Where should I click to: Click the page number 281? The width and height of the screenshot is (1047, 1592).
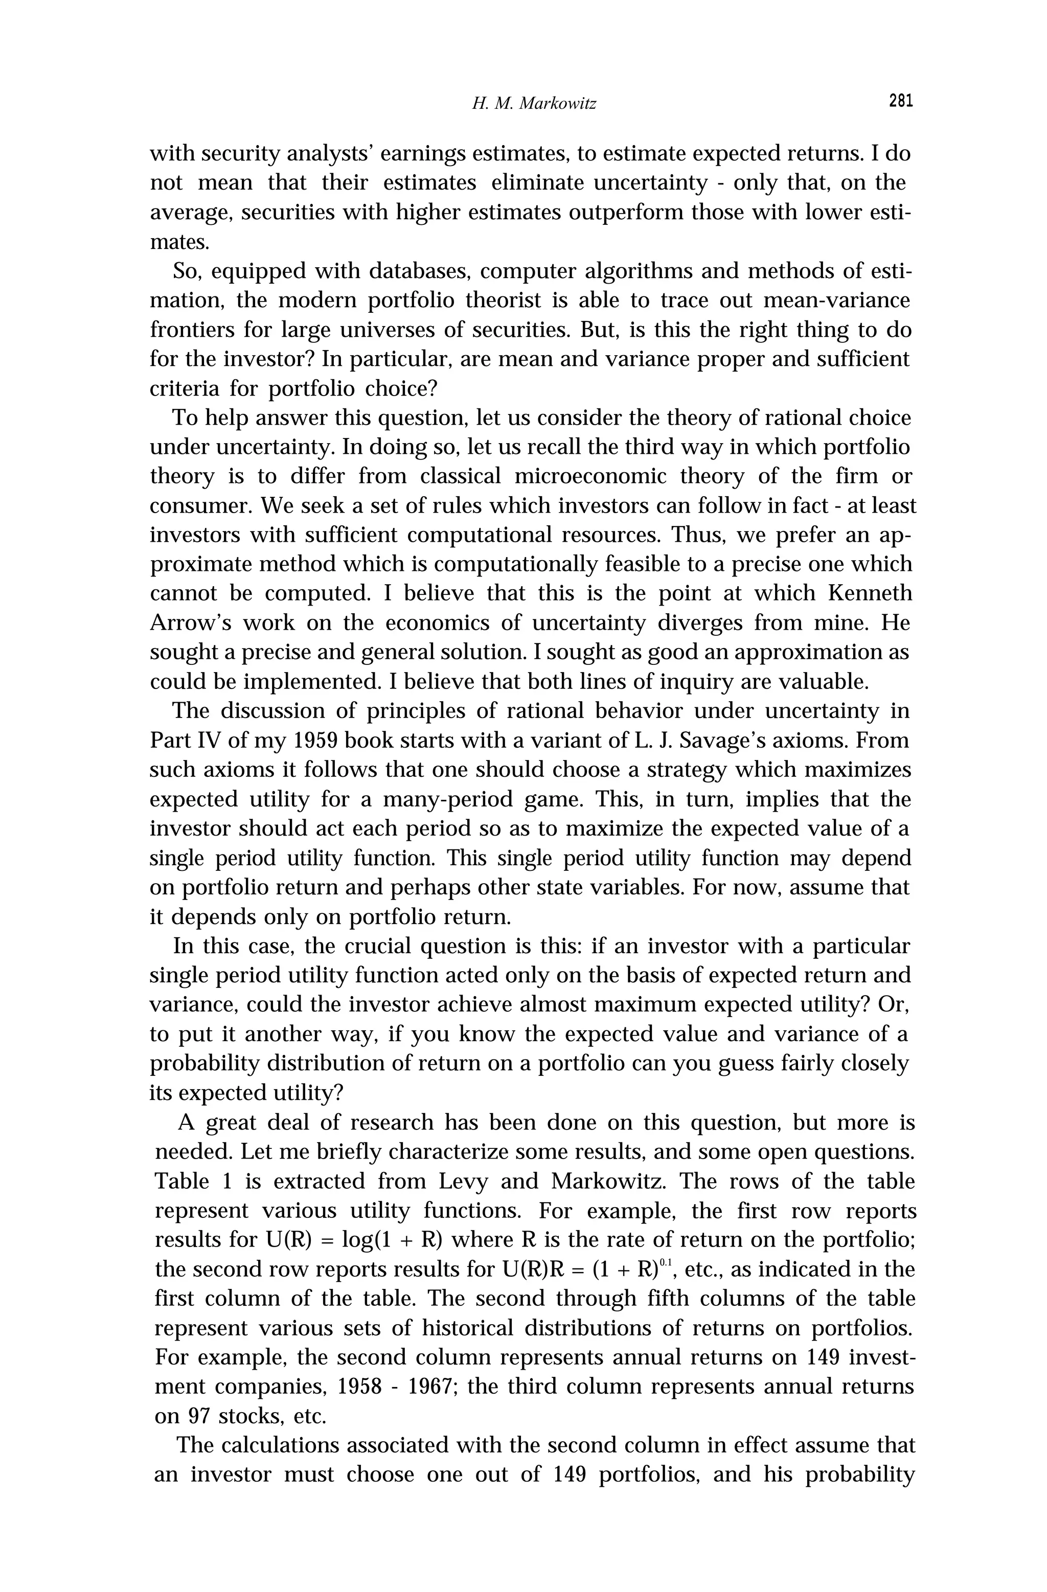[x=900, y=101]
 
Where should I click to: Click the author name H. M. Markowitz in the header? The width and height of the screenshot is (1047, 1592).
[x=533, y=104]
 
